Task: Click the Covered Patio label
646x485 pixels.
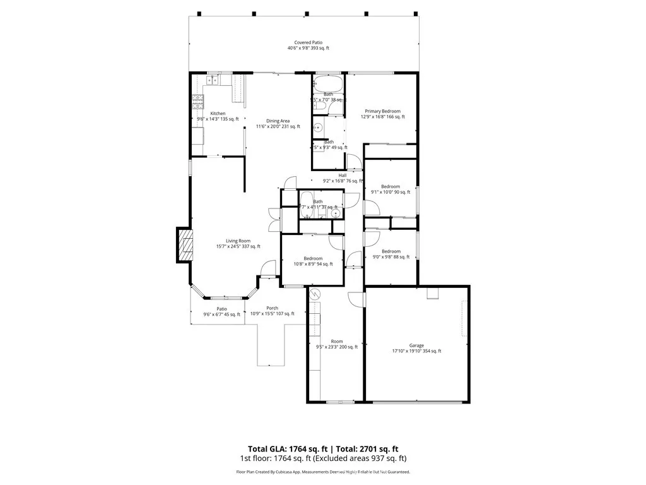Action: click(308, 42)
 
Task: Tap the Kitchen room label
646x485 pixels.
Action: click(218, 114)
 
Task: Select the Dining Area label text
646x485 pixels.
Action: click(278, 121)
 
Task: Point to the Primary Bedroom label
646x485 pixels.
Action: click(382, 111)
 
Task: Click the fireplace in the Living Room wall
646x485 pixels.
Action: click(185, 245)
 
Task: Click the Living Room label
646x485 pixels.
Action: click(238, 241)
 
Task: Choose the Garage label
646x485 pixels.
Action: click(416, 345)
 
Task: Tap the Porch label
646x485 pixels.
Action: click(272, 308)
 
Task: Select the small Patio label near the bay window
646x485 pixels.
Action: click(221, 309)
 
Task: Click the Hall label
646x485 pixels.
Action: click(343, 176)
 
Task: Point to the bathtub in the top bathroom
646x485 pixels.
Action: click(328, 83)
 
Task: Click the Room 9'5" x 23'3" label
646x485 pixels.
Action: click(336, 341)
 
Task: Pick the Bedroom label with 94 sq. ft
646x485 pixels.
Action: click(313, 258)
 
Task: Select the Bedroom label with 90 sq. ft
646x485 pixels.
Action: click(391, 186)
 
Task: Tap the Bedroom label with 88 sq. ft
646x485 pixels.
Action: click(391, 251)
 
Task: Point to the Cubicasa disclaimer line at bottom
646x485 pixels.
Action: click(323, 472)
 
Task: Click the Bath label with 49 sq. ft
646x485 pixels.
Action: click(329, 142)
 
